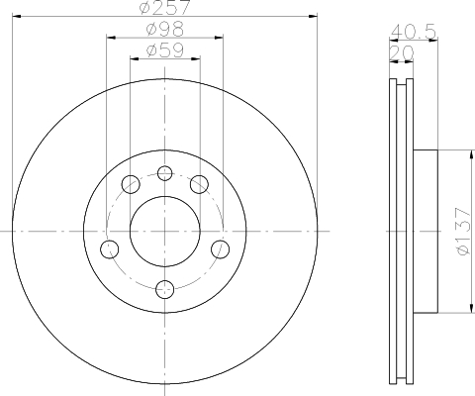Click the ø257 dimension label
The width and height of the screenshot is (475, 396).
pos(165,7)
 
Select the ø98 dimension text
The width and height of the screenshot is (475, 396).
pos(165,29)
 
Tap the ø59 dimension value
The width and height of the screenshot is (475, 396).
pos(165,50)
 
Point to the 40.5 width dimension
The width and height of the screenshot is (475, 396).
pos(414,32)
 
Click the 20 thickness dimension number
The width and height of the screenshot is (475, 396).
pos(401,53)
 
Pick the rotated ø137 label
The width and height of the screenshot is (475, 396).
pos(463,231)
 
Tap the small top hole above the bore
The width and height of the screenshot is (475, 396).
pos(165,173)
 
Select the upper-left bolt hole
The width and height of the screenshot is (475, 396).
pos(131,184)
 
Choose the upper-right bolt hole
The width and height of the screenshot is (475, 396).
pos(199,184)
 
